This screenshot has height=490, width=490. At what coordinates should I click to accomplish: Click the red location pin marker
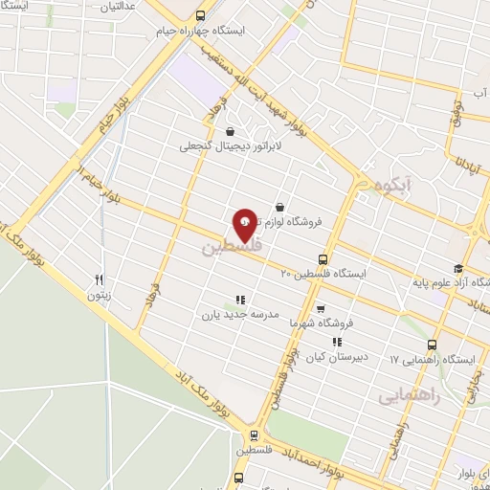(245, 225)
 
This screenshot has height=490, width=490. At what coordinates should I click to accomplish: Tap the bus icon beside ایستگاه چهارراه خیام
(200, 16)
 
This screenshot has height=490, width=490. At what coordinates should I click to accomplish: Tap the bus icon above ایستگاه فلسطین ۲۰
(323, 258)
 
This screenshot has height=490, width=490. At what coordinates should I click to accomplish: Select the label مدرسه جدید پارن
(239, 313)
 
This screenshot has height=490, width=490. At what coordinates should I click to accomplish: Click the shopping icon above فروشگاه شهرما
(319, 308)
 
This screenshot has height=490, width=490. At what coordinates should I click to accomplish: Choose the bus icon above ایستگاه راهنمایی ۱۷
(433, 345)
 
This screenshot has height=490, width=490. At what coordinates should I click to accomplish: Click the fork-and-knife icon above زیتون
(98, 280)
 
